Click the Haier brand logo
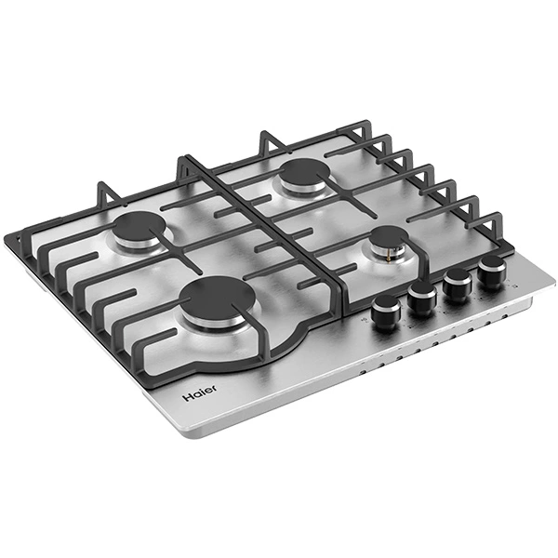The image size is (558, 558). coord(199,392)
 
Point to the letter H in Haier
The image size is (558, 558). coord(186,397)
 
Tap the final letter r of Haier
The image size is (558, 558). coord(215,388)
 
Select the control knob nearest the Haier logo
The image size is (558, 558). coord(386,312)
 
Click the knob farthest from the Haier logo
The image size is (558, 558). coord(493,272)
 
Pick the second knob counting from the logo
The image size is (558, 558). coord(422,299)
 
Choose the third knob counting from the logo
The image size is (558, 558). coord(458,286)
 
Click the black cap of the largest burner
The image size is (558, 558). coord(217,298)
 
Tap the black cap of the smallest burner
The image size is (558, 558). coord(390,236)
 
